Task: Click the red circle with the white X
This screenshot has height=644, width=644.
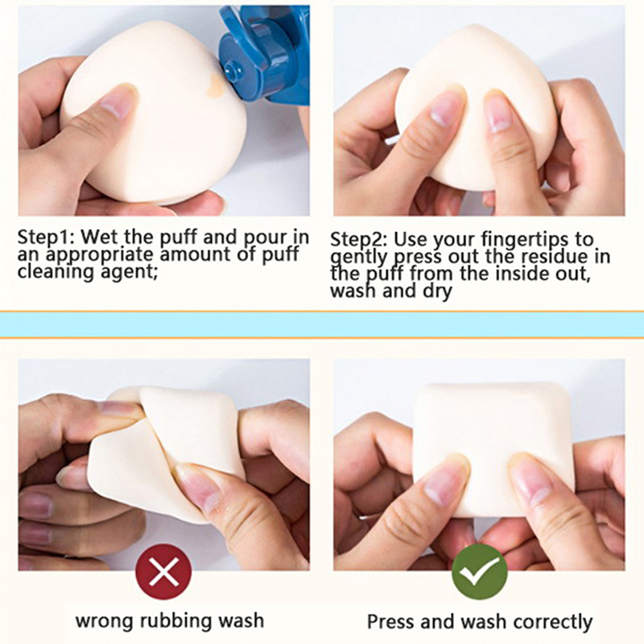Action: click(x=163, y=572)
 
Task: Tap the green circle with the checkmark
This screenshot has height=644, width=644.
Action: click(x=479, y=572)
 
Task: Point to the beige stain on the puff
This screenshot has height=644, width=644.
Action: click(x=215, y=86)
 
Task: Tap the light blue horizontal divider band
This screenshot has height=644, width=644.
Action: click(x=322, y=325)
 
